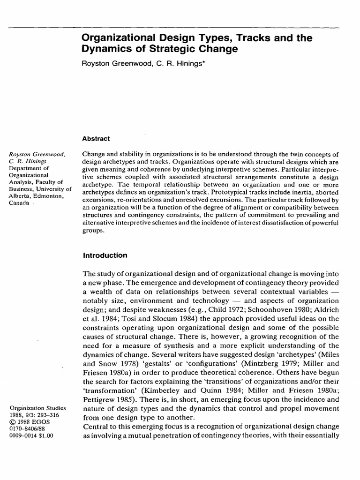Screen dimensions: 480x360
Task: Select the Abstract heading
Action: (96, 139)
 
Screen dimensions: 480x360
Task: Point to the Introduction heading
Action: (105, 255)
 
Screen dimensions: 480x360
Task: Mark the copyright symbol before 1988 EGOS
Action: (13, 423)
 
